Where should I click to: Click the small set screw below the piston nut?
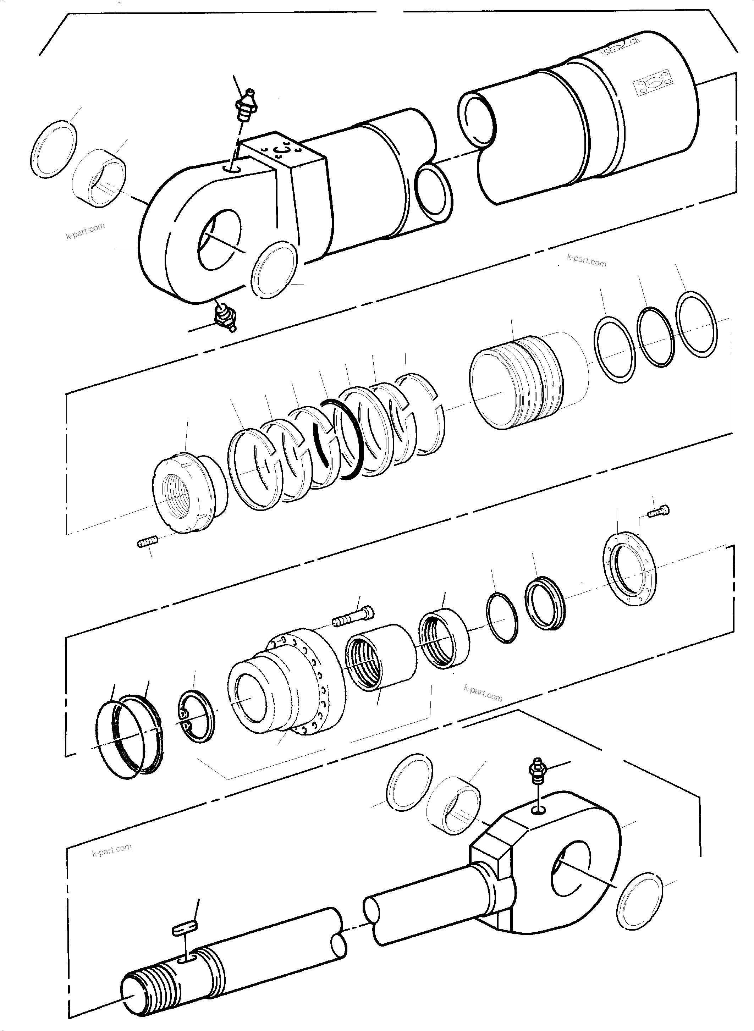147,542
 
